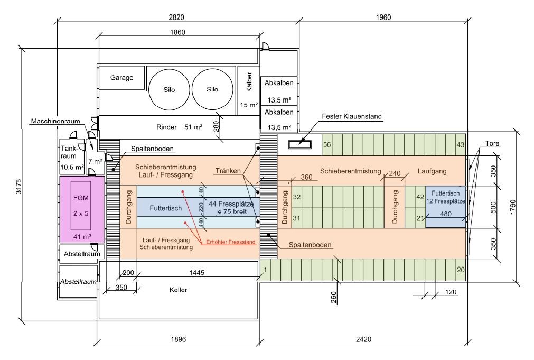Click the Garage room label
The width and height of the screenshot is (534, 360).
[121, 78]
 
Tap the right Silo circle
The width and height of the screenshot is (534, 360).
[212, 89]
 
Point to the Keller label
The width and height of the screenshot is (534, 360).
[179, 290]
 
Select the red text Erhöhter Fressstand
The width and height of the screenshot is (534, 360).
[231, 242]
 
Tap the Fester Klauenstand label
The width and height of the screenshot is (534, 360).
[352, 116]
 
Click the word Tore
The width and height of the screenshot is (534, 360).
[492, 144]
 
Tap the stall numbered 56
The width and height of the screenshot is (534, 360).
[327, 145]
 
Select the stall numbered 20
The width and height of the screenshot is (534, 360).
[461, 270]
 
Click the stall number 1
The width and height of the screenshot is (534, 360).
[265, 270]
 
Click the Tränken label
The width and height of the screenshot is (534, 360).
[228, 171]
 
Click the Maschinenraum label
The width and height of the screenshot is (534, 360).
[55, 121]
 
